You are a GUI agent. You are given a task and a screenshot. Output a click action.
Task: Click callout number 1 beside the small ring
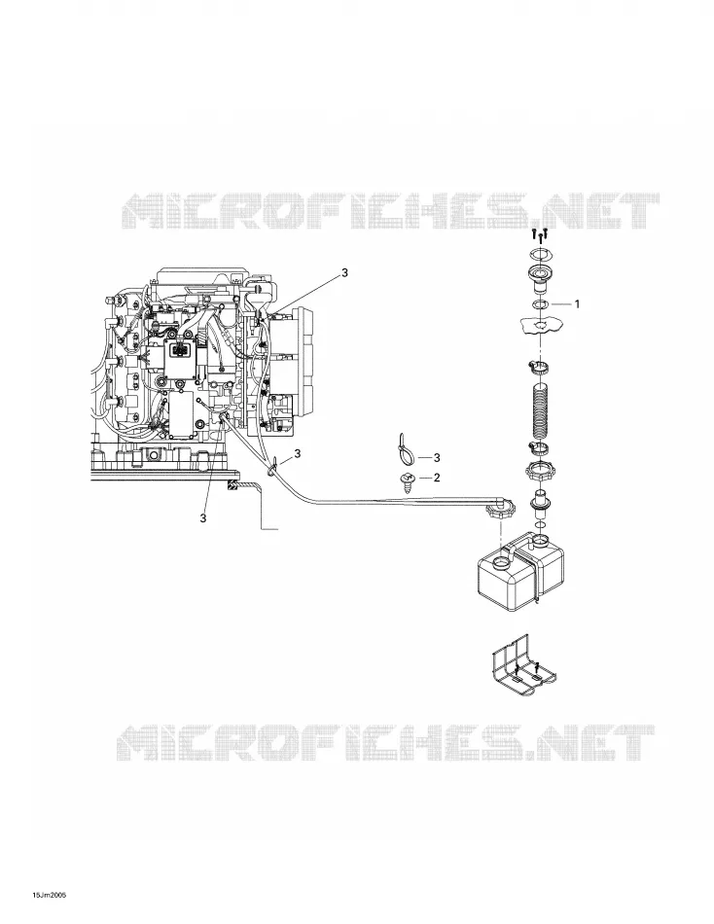(577, 304)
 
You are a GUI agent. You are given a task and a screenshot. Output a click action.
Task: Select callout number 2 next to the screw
(437, 478)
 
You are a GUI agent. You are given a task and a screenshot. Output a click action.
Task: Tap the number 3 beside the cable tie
(437, 457)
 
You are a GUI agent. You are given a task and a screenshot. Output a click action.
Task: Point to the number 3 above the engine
(345, 273)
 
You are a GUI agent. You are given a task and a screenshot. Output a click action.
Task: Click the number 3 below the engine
(203, 518)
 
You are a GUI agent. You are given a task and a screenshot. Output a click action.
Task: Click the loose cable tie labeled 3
(405, 451)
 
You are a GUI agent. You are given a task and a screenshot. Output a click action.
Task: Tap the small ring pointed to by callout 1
(540, 304)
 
